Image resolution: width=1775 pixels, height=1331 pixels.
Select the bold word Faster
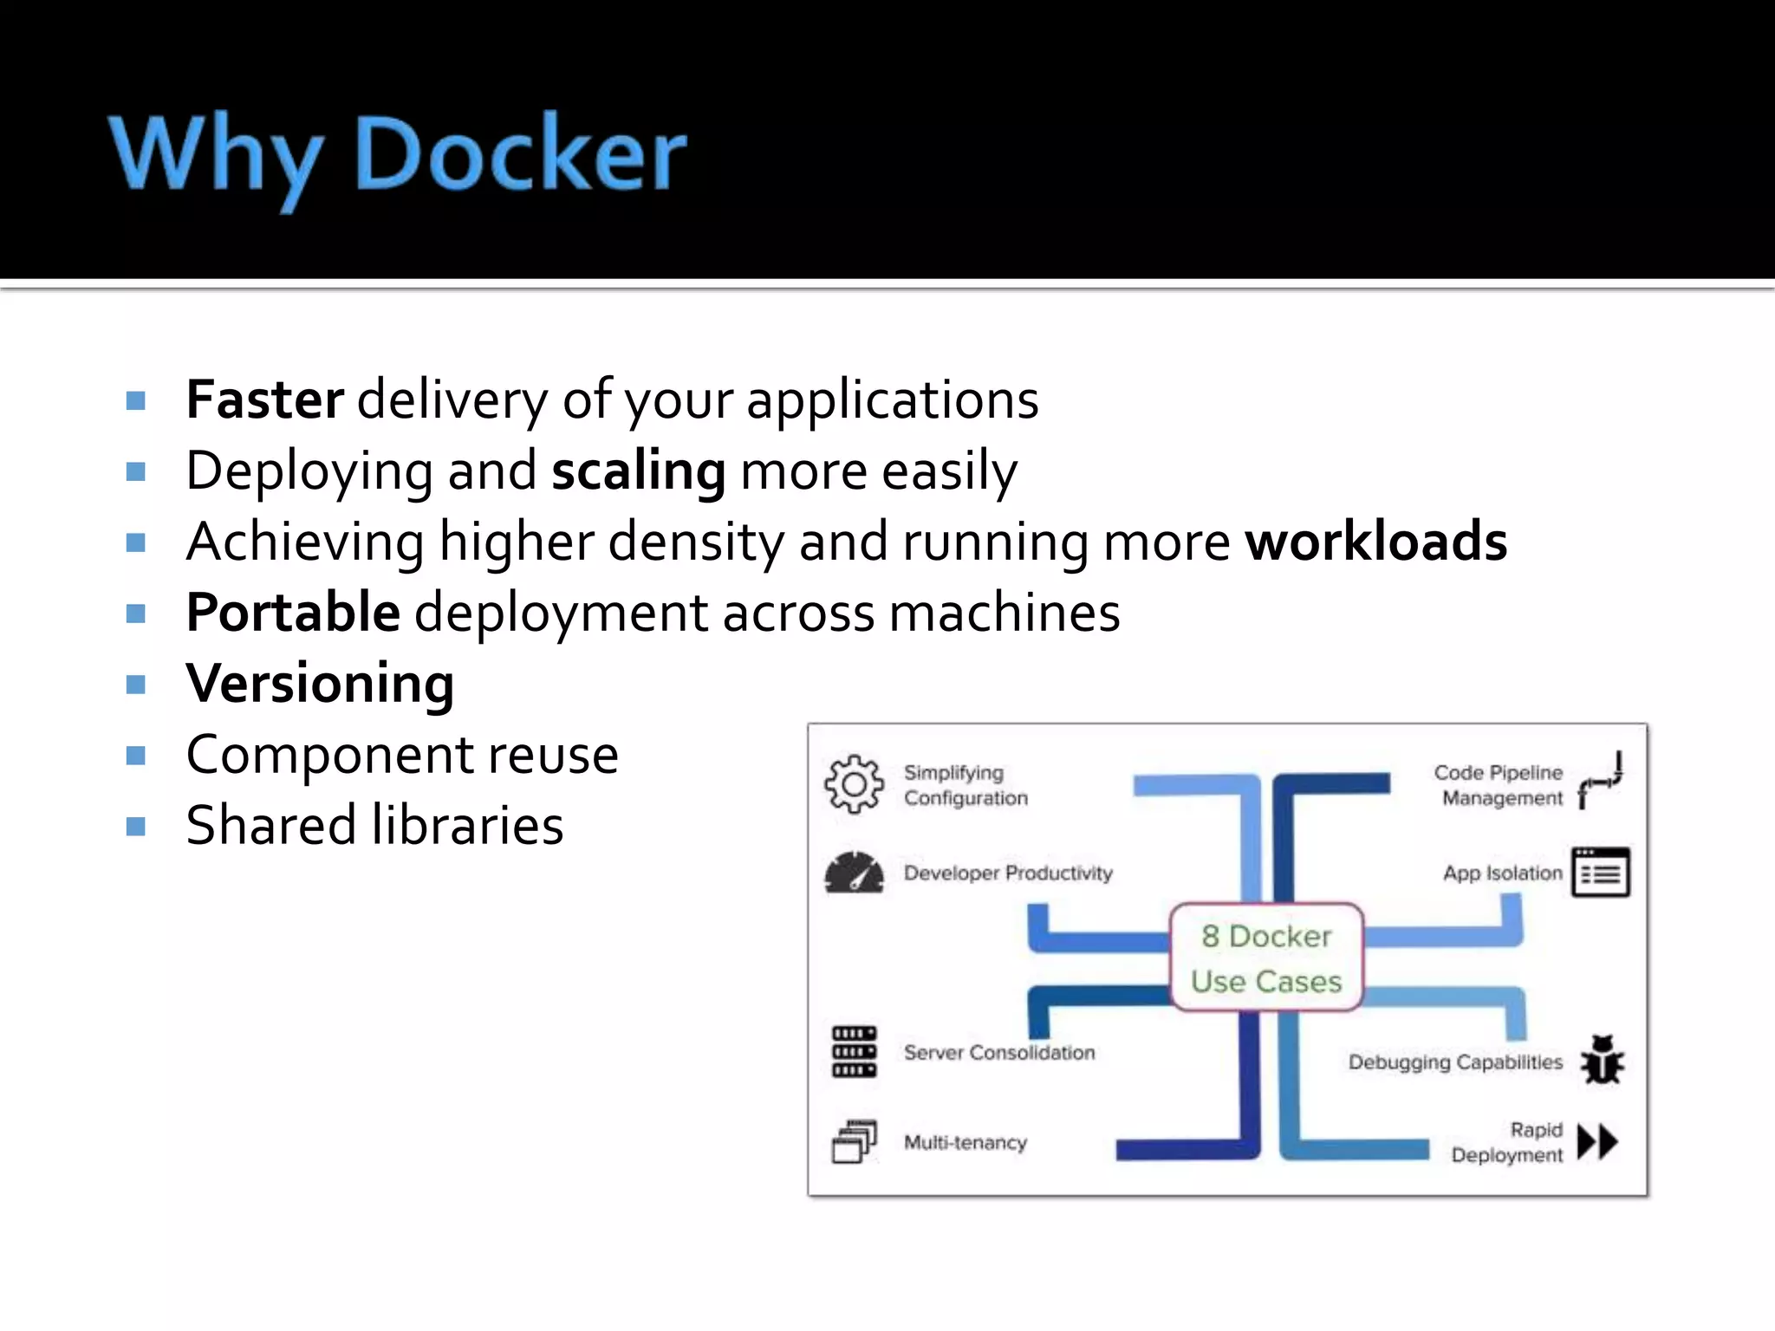[265, 400]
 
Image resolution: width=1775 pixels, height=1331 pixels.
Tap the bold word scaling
[639, 471]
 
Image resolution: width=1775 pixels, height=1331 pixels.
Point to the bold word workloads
[1376, 542]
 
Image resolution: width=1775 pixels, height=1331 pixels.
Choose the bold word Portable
[293, 613]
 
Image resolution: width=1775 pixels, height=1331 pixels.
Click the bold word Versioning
[320, 684]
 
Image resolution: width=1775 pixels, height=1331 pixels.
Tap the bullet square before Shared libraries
[135, 827]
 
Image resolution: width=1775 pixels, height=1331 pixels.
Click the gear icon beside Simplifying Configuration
[855, 784]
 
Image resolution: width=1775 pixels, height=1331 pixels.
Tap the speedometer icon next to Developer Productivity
[855, 873]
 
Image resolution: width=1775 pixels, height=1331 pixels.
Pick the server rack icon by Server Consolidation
[855, 1052]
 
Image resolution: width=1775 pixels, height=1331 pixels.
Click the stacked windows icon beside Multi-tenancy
[855, 1142]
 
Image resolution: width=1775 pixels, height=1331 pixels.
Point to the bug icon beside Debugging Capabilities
[1602, 1061]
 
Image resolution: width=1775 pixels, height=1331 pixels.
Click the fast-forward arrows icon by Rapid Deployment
[1598, 1142]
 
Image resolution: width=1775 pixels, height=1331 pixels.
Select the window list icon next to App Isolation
[1601, 873]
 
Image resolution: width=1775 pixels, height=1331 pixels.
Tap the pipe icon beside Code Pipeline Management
[1600, 781]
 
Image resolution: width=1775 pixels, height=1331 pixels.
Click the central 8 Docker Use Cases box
[1266, 958]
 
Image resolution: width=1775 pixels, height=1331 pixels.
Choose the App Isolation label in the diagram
[1502, 873]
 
